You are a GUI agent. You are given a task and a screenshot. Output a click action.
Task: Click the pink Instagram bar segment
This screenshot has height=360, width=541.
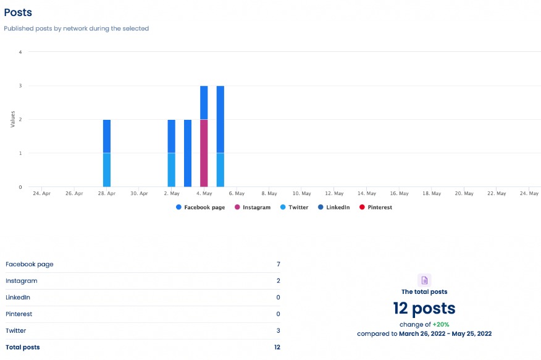[204, 153]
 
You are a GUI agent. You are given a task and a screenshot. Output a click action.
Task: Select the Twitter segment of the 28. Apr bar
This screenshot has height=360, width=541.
[107, 170]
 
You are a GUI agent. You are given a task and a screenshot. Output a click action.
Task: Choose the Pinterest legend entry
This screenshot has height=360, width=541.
[376, 207]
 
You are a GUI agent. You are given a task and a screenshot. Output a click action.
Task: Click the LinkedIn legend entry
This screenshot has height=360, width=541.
[333, 207]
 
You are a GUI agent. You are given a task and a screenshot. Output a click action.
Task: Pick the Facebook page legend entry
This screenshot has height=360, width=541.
[200, 207]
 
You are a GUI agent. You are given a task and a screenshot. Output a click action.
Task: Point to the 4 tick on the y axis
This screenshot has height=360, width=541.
[20, 52]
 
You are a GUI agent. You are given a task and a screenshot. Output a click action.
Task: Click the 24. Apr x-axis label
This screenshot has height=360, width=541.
[41, 193]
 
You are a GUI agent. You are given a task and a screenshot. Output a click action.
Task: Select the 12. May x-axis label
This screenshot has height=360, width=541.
[334, 193]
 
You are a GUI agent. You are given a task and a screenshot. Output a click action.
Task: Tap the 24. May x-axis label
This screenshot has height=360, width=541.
[529, 193]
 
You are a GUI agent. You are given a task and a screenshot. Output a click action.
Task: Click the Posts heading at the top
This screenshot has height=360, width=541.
[18, 12]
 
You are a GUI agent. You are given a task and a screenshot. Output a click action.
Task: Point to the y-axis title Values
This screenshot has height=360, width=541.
[12, 119]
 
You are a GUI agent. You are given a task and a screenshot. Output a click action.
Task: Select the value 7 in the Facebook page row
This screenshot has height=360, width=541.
[278, 264]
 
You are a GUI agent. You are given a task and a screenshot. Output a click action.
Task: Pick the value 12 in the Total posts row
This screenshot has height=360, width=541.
[277, 347]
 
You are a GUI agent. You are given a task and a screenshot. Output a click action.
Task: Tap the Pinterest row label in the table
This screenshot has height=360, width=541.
[19, 314]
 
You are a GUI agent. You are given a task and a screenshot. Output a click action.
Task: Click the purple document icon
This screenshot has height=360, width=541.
[424, 280]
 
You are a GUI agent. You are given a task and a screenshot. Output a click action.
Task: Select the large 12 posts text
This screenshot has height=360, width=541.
[424, 308]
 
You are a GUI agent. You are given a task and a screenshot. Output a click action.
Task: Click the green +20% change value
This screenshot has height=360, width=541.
[440, 324]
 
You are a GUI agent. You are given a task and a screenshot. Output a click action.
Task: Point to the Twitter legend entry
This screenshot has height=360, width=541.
[294, 207]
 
